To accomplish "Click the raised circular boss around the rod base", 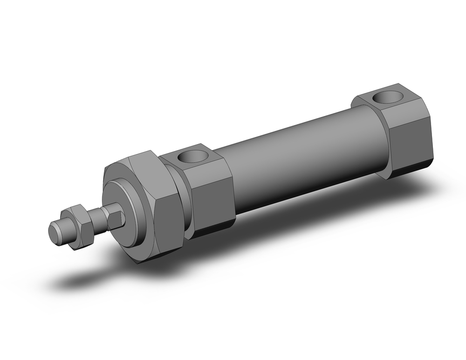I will coord(122,212).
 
